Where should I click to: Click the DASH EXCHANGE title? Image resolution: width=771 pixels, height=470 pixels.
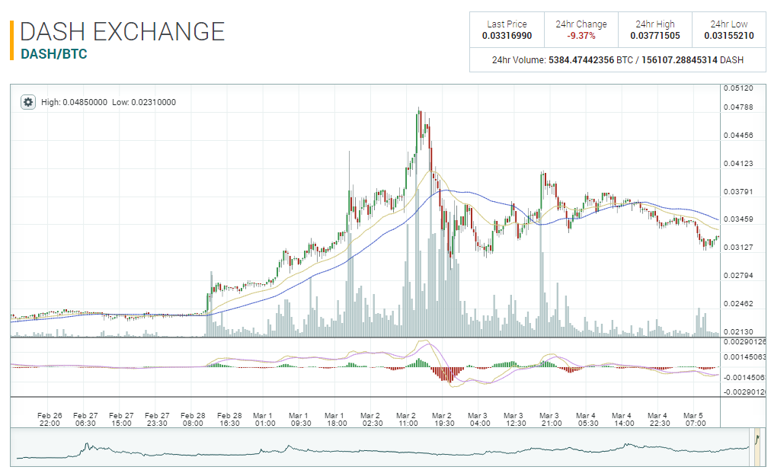click(122, 31)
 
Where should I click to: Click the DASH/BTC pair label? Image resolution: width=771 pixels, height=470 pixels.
click(53, 54)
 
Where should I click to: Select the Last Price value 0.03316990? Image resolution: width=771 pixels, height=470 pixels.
click(507, 36)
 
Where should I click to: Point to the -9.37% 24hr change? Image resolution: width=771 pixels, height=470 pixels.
click(581, 36)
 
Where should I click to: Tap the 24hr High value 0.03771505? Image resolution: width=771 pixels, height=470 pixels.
click(655, 36)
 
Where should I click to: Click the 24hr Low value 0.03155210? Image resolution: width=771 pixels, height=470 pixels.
click(729, 36)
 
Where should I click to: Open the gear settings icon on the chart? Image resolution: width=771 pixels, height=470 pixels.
click(27, 102)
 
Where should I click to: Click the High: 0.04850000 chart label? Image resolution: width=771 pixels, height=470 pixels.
click(74, 102)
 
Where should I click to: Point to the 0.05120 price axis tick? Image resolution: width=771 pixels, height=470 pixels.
click(737, 88)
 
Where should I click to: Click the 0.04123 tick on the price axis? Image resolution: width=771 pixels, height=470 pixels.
click(737, 164)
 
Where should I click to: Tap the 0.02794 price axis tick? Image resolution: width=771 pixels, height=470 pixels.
click(737, 275)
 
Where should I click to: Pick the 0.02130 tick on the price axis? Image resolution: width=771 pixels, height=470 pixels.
click(737, 331)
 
